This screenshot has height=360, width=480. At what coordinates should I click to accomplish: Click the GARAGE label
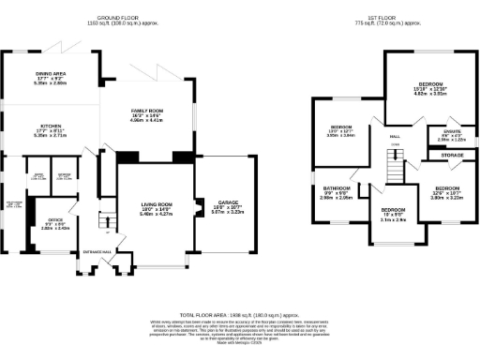tap(227, 203)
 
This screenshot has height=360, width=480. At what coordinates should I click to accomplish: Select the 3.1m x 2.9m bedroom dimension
tap(393, 220)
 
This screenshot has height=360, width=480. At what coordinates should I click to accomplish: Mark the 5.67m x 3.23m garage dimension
tap(227, 214)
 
